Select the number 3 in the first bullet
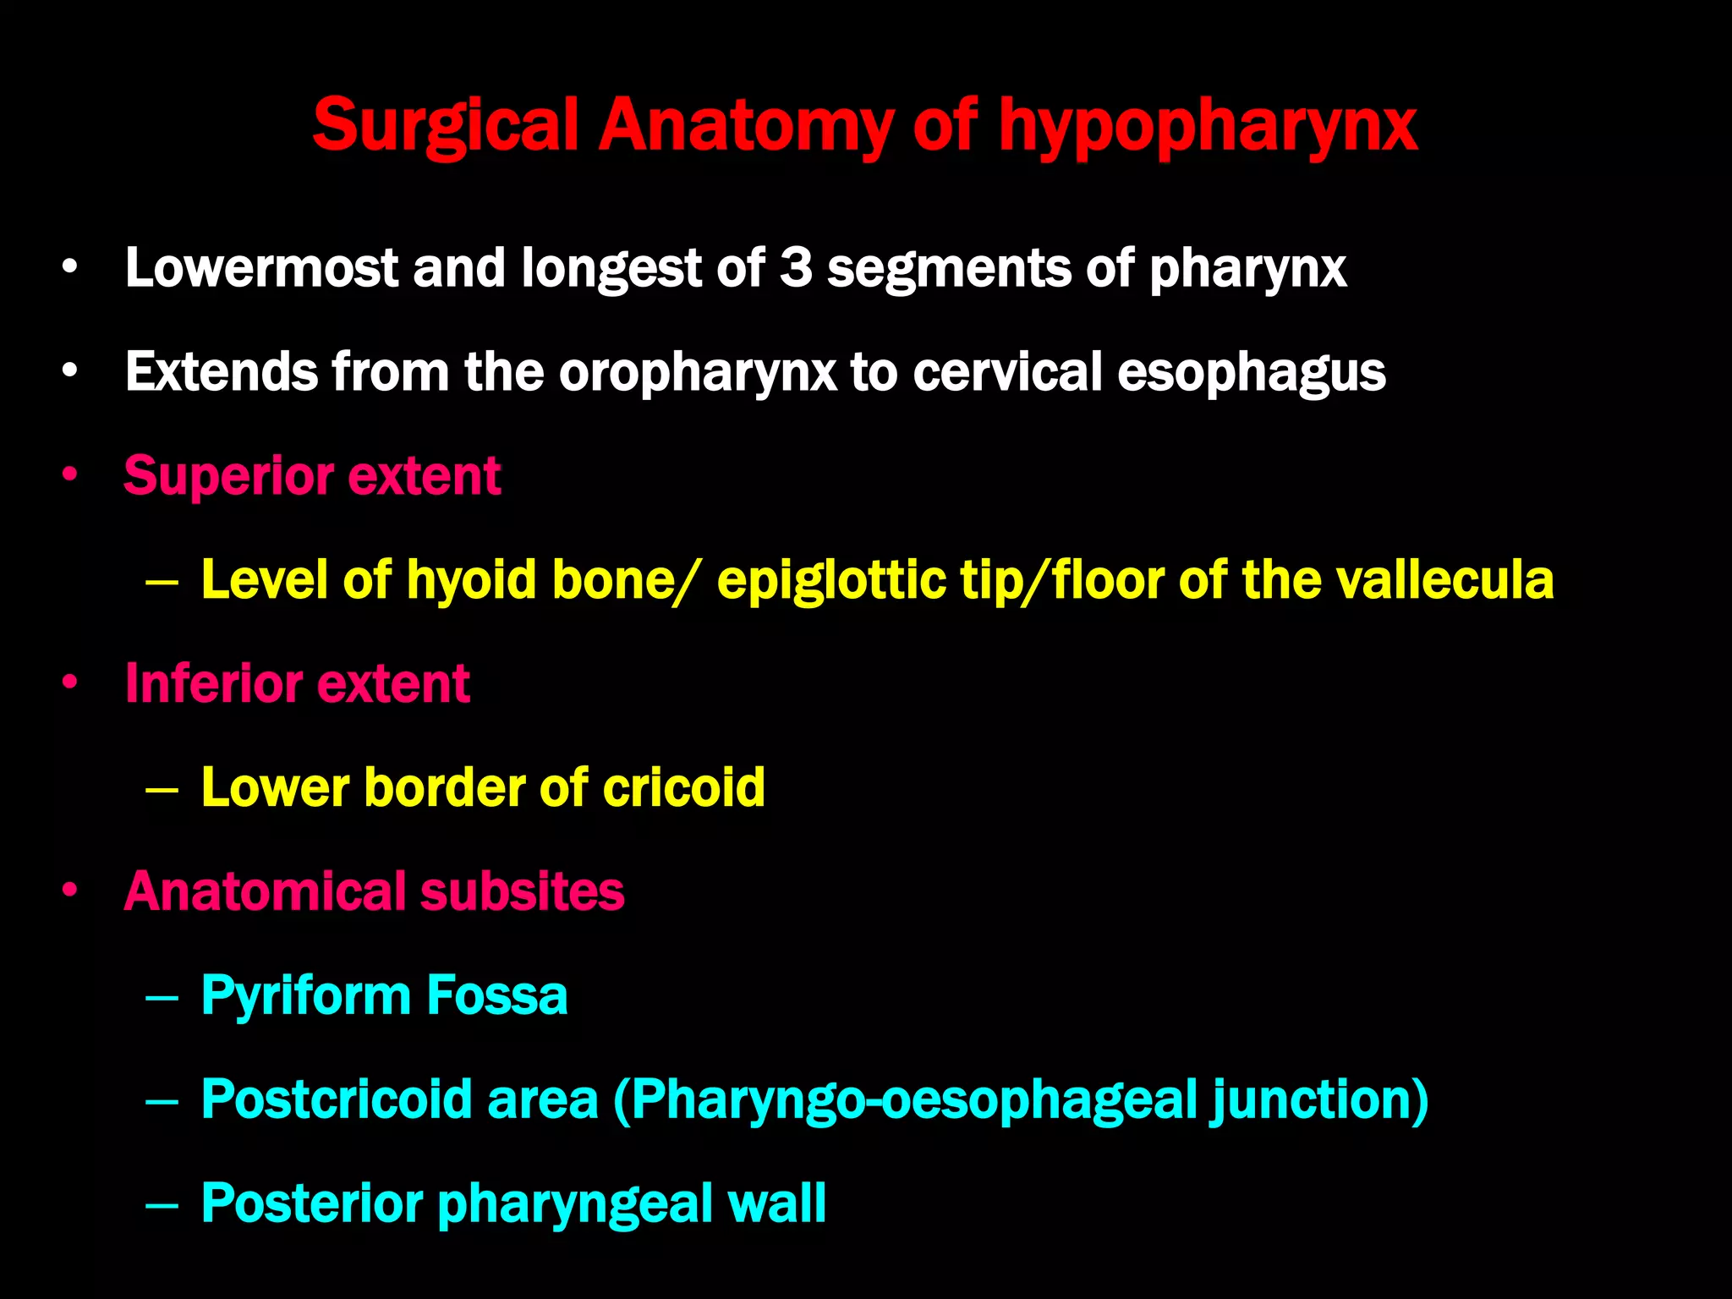pos(795,268)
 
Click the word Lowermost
pos(260,268)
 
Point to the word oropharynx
pos(697,373)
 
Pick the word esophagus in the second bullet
pos(1251,373)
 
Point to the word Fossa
pos(496,995)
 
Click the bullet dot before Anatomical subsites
pos(70,891)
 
